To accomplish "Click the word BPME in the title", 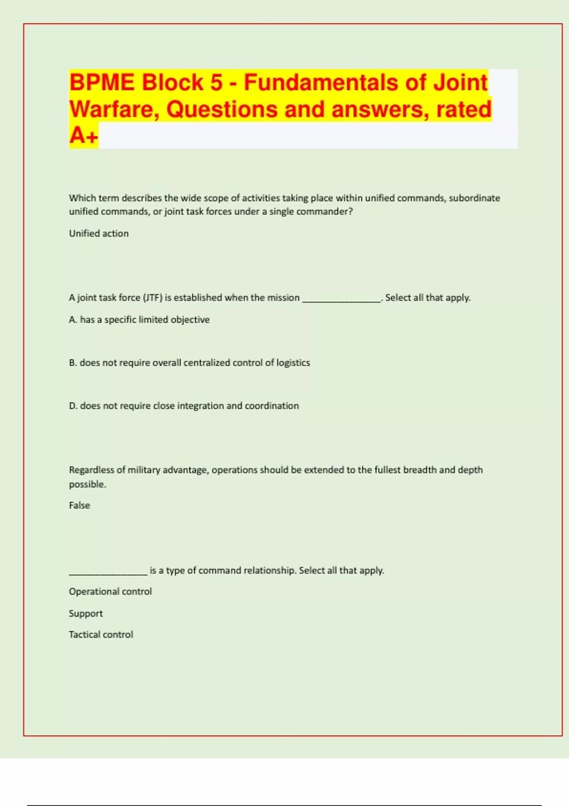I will tap(102, 82).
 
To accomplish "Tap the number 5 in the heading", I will tap(216, 82).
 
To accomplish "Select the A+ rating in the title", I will tap(83, 136).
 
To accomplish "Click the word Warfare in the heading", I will tap(114, 109).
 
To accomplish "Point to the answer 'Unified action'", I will tap(99, 233).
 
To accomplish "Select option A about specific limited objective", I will tap(139, 320).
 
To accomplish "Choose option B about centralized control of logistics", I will tap(189, 363).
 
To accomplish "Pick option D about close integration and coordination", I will tap(184, 406).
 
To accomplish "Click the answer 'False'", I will tap(79, 505).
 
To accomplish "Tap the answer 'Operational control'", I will tap(110, 592).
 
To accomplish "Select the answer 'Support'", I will tap(85, 614).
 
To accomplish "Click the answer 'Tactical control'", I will tap(101, 634).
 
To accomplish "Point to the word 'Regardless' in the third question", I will tap(91, 470).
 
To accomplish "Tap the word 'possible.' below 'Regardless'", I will tap(87, 484).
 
